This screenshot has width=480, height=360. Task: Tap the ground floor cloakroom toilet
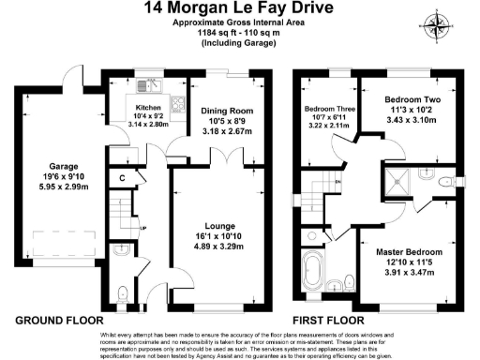[125, 293]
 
